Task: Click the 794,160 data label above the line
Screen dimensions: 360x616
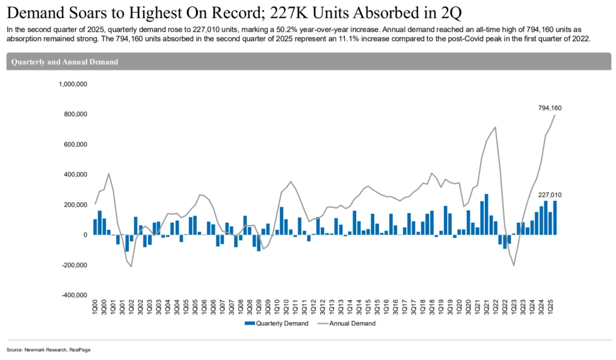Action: (550, 108)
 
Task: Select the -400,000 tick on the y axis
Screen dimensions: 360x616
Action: (75, 295)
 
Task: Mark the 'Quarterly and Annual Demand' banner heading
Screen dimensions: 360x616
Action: (64, 62)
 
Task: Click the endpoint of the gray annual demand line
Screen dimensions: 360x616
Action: (555, 115)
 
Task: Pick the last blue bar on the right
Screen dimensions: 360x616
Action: (555, 217)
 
